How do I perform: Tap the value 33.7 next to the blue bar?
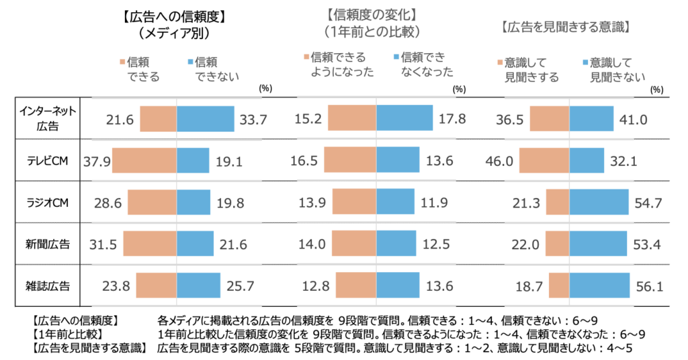click(253, 120)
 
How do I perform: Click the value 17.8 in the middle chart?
click(451, 120)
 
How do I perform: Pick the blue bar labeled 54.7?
click(599, 203)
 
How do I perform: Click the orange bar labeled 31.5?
click(150, 244)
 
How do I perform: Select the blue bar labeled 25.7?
click(198, 286)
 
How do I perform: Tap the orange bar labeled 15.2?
click(351, 119)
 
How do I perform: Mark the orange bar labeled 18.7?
click(559, 286)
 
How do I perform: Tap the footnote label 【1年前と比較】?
click(67, 334)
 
